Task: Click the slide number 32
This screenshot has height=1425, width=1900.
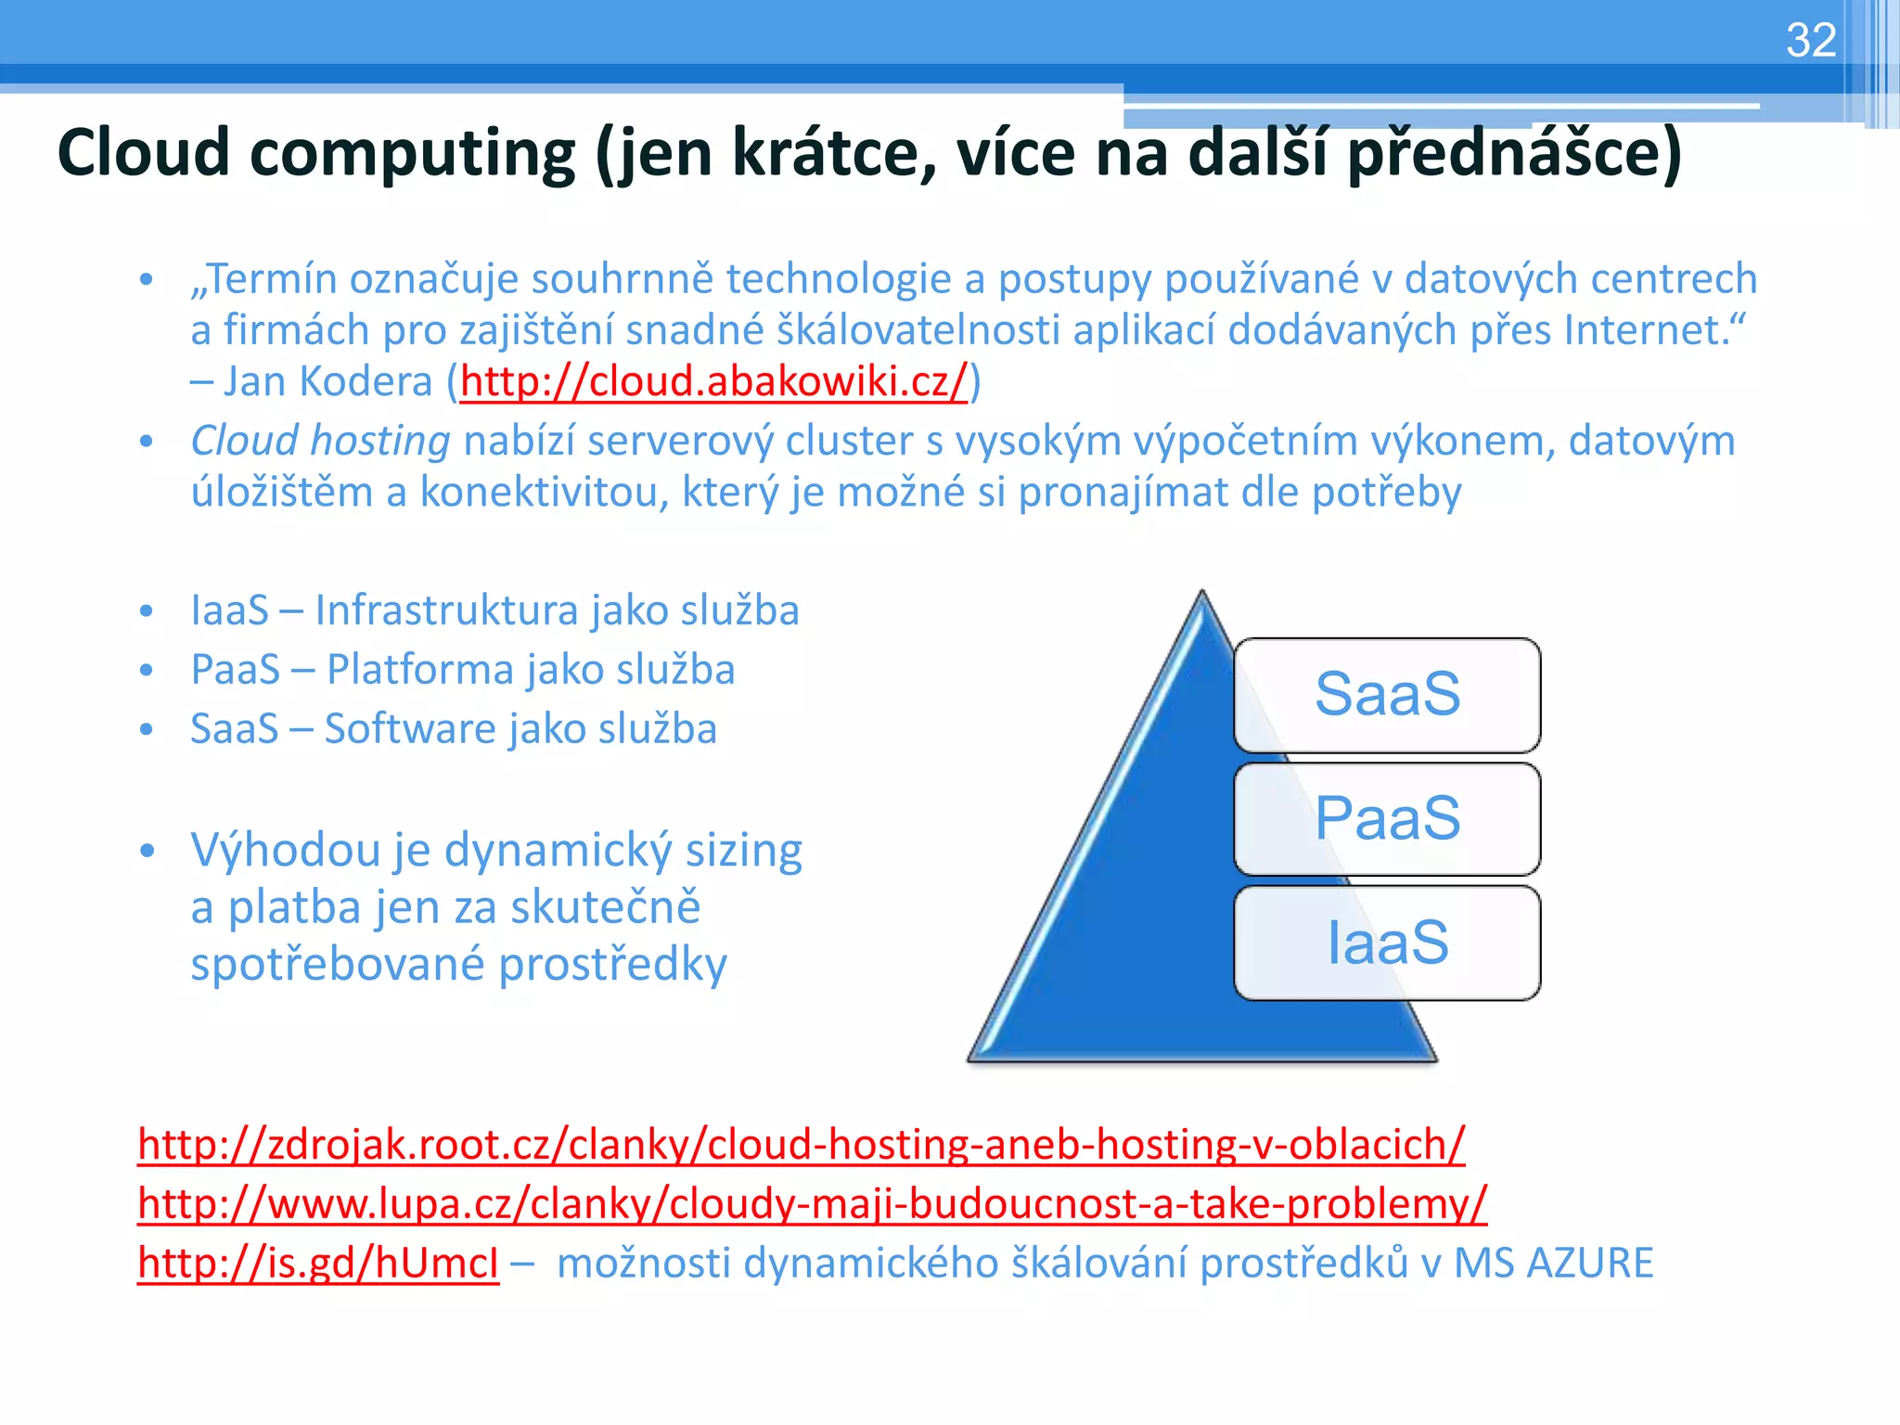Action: pyautogui.click(x=1810, y=41)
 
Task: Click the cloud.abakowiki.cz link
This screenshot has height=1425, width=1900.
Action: pyautogui.click(x=713, y=381)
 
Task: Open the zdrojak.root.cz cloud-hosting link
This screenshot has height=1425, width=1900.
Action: pyautogui.click(x=801, y=1144)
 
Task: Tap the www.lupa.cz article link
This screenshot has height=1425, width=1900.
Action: pyautogui.click(x=812, y=1203)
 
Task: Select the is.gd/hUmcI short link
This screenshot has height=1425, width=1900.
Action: pyautogui.click(x=318, y=1263)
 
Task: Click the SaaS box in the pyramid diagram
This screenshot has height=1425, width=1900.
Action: pyautogui.click(x=1387, y=694)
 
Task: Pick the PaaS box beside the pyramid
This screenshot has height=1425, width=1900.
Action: pyautogui.click(x=1387, y=818)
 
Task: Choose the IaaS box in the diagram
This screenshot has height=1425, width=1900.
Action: pyautogui.click(x=1387, y=943)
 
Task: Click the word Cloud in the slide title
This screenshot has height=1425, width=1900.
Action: pyautogui.click(x=144, y=152)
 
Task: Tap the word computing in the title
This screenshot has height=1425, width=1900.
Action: pyautogui.click(x=413, y=154)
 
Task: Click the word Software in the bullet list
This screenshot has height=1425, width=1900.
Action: pyautogui.click(x=409, y=729)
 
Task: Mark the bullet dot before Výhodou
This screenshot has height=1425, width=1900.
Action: pyautogui.click(x=147, y=851)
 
